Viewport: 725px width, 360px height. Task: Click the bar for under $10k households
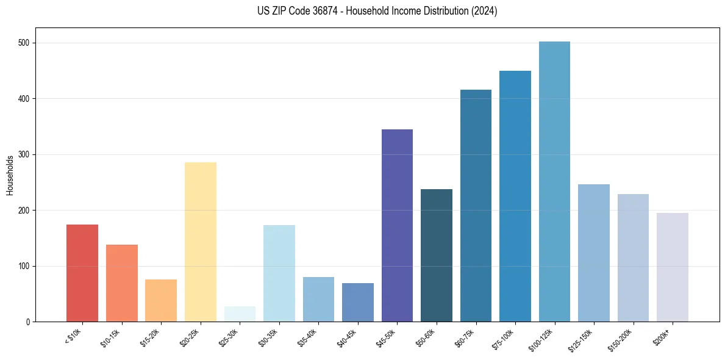pos(82,273)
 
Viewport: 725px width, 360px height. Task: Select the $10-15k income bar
pos(122,283)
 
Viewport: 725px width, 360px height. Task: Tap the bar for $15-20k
pos(161,301)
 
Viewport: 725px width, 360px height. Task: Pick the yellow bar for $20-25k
pos(201,242)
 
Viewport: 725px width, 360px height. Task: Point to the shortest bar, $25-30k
pos(240,314)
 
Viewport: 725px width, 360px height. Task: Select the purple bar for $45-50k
pos(397,226)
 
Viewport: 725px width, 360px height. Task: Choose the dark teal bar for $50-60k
pos(437,256)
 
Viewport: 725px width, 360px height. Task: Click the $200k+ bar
pos(673,267)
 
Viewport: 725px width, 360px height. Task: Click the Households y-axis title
pos(10,175)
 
